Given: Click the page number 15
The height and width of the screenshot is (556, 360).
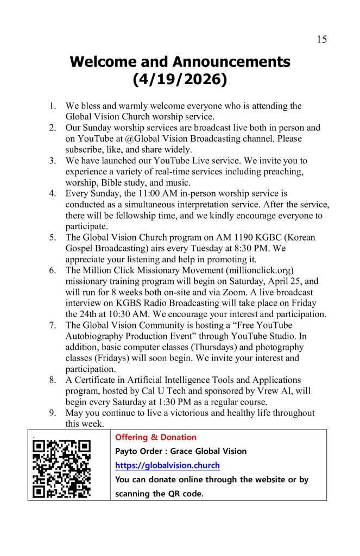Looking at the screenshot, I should coord(321,39).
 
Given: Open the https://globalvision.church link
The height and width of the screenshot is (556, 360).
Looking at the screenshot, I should coord(167,465).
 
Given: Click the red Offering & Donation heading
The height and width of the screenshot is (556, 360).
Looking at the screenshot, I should coord(156,437).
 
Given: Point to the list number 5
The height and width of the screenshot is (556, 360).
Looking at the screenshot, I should coord(53,237).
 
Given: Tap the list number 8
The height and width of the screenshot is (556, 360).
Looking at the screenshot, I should coord(53,380).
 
